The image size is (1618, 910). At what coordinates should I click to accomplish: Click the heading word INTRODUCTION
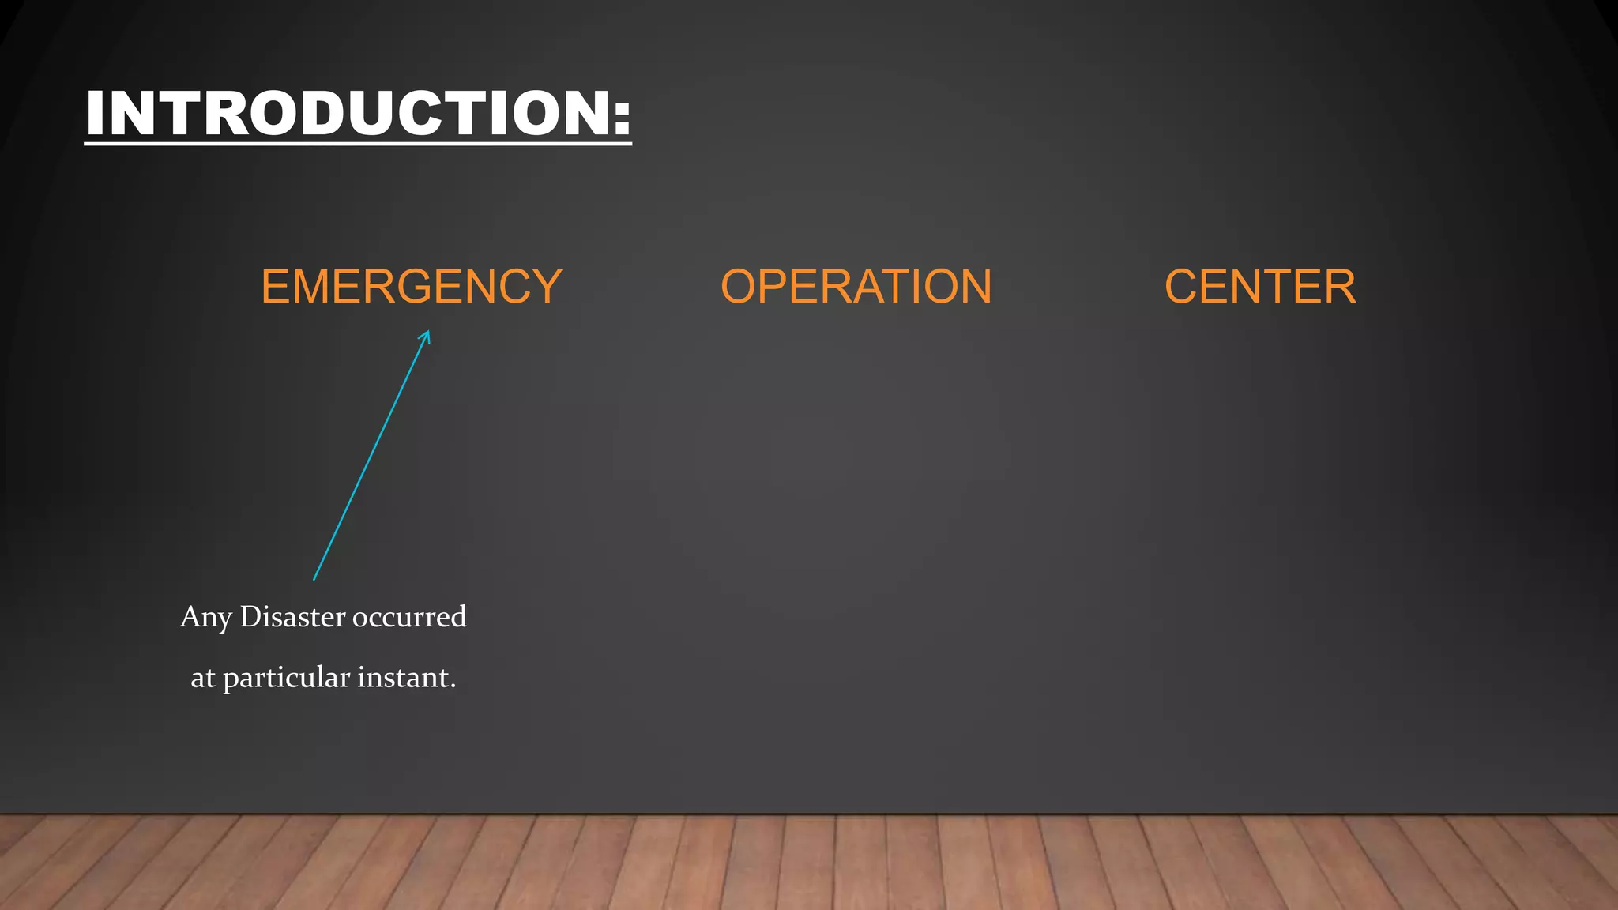[348, 114]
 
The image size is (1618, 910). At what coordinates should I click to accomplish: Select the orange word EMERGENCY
[411, 286]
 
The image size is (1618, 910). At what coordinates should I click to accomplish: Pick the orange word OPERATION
[856, 286]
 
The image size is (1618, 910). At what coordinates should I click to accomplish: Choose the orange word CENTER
[1260, 286]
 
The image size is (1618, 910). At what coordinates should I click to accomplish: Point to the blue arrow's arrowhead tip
[428, 331]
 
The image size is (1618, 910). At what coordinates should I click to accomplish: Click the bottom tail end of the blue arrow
[314, 580]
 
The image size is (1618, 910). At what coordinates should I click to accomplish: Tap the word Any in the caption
[205, 617]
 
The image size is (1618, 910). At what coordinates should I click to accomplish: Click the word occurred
[409, 617]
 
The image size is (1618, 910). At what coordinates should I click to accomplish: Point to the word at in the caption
[202, 678]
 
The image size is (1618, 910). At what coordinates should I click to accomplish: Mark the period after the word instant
[453, 686]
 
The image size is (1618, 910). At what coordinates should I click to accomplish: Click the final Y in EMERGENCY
[545, 286]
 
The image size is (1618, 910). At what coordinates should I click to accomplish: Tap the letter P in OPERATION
[773, 286]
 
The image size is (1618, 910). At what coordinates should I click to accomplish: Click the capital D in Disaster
[250, 616]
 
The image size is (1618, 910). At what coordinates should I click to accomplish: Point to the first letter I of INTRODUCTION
[96, 114]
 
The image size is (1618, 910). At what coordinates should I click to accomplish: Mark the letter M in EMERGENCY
[316, 286]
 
